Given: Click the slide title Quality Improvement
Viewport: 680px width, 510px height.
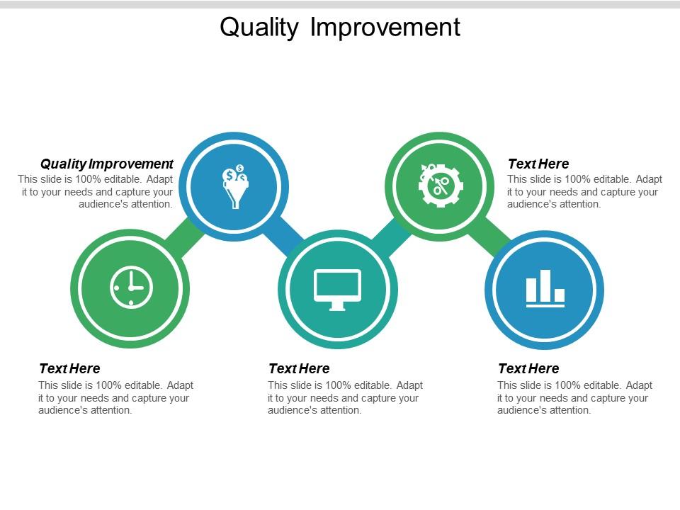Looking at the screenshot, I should [340, 27].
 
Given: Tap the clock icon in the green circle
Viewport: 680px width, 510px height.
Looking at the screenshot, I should [131, 288].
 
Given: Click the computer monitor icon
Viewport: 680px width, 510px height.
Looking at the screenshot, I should [337, 289].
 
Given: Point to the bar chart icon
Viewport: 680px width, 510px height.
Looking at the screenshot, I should [545, 289].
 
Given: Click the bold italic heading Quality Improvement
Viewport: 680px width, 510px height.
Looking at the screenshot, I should [107, 164].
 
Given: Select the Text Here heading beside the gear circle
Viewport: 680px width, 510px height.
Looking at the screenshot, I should [538, 164].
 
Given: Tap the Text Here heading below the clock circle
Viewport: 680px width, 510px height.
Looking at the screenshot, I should [69, 368].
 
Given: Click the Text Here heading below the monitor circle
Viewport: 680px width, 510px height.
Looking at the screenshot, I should [299, 368].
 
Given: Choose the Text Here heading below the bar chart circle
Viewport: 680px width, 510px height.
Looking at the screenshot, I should [528, 368].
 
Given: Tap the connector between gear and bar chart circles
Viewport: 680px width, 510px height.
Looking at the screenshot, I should [491, 237].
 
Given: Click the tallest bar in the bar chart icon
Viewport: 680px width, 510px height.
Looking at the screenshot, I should [545, 285].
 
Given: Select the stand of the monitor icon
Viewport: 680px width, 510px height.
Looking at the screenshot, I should [337, 306].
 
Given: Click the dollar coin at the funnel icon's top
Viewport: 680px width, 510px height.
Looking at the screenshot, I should [240, 169].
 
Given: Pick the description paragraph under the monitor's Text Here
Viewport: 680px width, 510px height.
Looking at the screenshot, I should [345, 397].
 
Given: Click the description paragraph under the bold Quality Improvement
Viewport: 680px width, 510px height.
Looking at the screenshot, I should [96, 191].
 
